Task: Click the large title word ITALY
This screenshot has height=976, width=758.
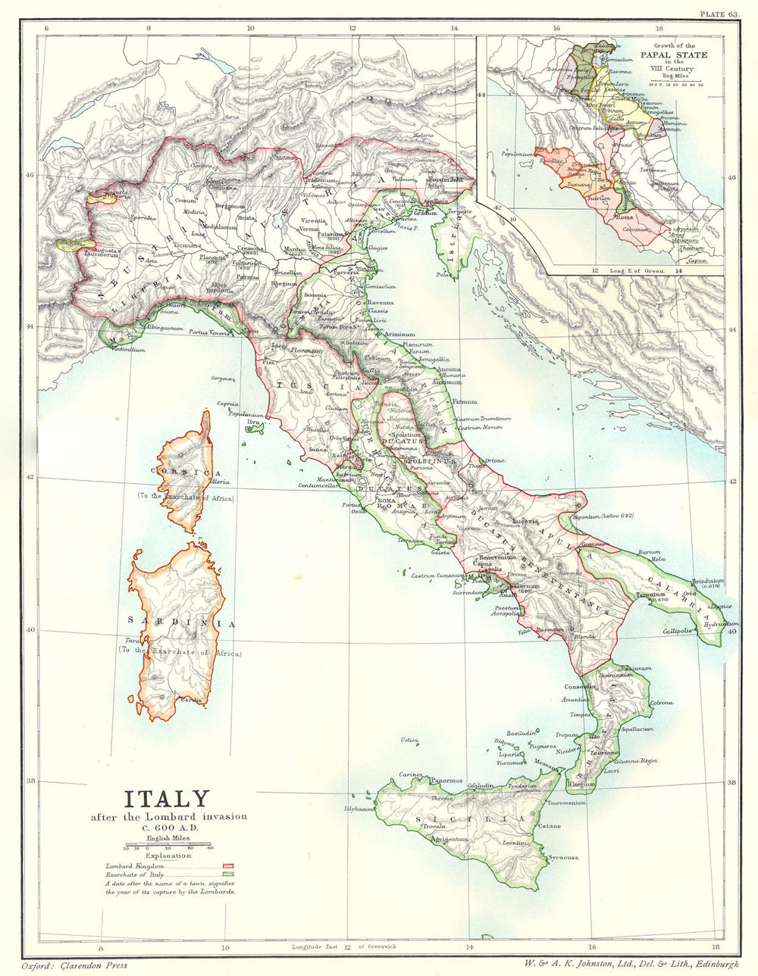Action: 166,799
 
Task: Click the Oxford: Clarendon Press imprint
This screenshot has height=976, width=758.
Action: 74,965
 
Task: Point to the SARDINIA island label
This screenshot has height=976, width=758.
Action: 182,622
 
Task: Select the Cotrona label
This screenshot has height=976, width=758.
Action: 662,703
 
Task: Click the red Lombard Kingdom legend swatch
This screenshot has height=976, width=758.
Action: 227,865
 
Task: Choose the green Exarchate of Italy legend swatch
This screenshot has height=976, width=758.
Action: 227,874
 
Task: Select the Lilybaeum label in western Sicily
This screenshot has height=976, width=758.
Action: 360,809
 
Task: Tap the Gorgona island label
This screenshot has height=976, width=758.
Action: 221,377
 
